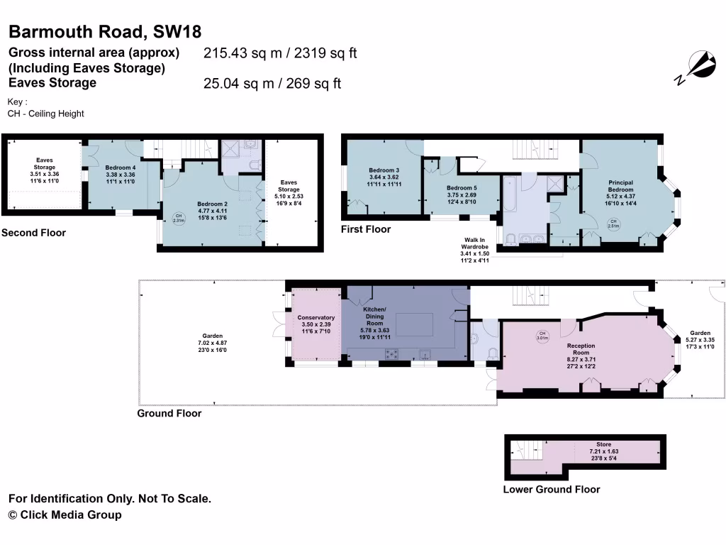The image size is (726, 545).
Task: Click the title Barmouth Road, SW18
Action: [x=105, y=31]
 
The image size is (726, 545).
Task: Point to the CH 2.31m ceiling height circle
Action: [x=179, y=218]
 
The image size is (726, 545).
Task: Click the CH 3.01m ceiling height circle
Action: [x=542, y=336]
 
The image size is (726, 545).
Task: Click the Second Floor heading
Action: [x=33, y=233]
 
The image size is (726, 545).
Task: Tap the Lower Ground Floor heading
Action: [x=551, y=489]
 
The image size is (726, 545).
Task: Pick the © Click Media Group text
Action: [x=65, y=514]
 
